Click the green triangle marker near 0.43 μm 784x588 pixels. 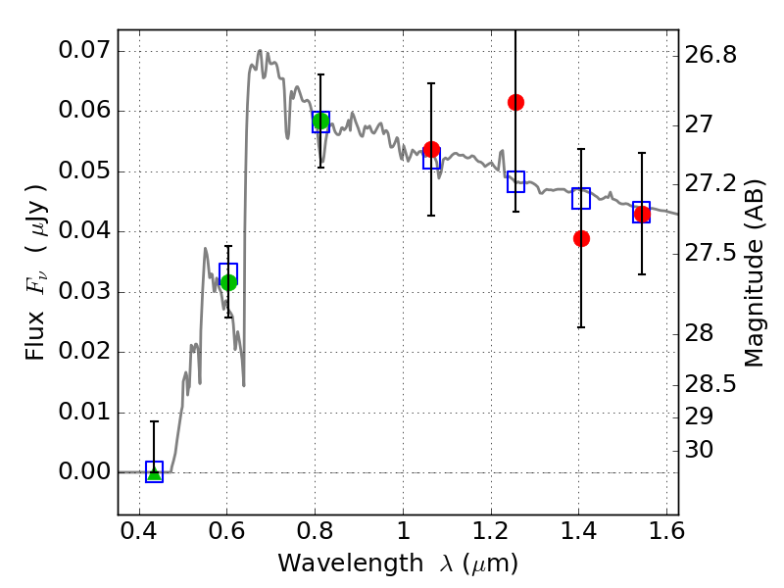155,472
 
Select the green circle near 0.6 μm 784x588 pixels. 228,282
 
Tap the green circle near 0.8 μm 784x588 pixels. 321,121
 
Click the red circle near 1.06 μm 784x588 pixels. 431,149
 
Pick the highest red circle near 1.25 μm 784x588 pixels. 516,103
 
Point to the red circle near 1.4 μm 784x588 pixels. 581,238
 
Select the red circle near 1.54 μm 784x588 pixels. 642,215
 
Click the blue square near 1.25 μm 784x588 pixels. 516,181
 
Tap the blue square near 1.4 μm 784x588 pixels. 581,199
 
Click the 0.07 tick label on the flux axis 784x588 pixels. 84,50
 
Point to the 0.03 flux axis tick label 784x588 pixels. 84,291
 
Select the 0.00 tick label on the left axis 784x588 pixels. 84,471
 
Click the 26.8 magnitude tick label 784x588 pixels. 710,55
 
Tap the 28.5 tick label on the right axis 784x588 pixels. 710,384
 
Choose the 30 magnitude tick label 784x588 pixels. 699,450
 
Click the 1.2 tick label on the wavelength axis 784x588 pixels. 491,531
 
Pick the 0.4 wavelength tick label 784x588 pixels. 139,531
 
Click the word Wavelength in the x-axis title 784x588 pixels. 351,563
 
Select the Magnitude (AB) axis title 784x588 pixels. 754,273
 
